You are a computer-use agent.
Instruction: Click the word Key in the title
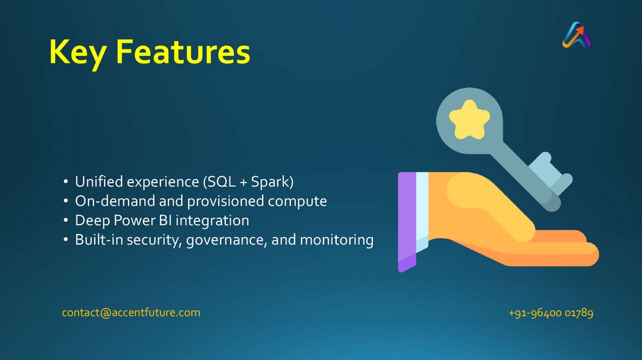78,53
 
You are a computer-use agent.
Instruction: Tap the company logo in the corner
576,35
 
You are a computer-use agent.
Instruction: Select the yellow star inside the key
469,119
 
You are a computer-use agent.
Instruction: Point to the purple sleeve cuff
407,221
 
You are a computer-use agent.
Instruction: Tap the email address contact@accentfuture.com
131,312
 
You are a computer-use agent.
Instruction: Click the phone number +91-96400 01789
550,313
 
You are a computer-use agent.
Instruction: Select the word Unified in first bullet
98,181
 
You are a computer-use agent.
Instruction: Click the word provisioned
226,201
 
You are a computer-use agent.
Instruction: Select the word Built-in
99,240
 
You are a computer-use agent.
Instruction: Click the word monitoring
337,240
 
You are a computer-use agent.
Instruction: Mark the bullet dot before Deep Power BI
65,220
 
